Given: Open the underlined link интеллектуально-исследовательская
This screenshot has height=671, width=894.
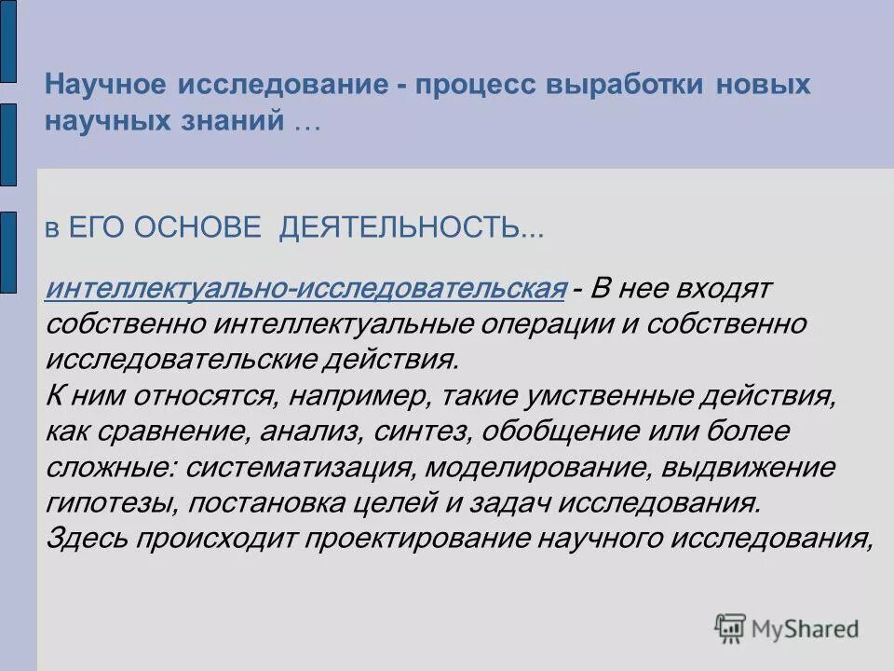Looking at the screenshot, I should point(306,289).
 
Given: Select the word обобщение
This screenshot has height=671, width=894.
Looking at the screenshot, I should point(527,431).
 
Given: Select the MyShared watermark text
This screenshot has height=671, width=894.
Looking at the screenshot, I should point(806,628).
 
